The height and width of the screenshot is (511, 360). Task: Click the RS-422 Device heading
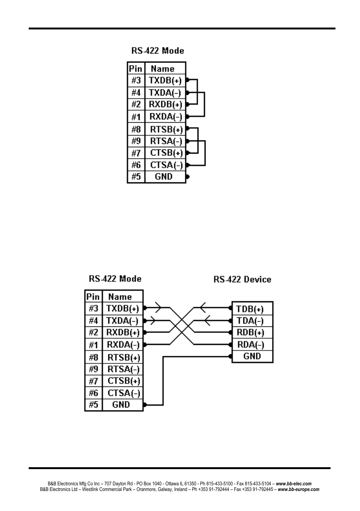click(242, 280)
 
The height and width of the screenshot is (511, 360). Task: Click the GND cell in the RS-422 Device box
click(252, 356)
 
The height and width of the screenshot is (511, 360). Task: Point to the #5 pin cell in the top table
click(136, 177)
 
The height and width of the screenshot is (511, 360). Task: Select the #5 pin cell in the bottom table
click(93, 405)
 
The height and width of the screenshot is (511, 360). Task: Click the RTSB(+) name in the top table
click(166, 129)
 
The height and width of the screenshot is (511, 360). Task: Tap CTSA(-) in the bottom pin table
click(124, 393)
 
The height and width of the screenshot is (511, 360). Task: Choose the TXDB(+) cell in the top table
click(165, 80)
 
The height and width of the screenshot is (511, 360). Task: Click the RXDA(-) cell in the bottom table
click(123, 345)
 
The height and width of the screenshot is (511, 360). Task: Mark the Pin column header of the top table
click(135, 69)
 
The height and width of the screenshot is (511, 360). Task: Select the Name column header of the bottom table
click(120, 297)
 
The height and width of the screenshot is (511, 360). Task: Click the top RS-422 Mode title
click(158, 51)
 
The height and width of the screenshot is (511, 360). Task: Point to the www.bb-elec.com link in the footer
click(294, 484)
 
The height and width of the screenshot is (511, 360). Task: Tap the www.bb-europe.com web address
click(298, 489)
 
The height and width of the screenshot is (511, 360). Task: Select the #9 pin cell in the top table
click(136, 141)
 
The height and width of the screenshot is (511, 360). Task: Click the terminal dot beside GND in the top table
click(188, 177)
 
